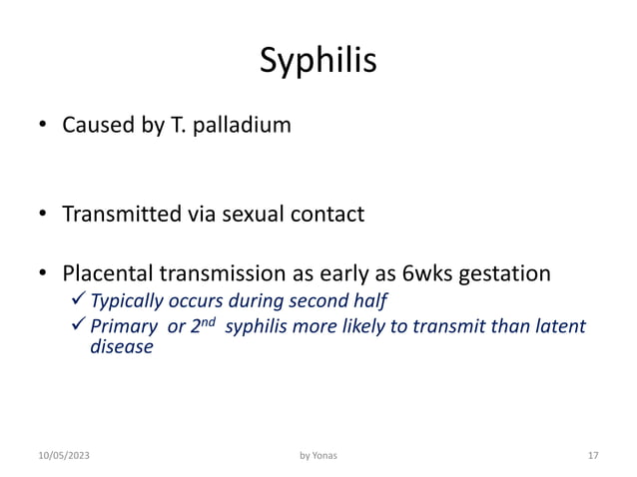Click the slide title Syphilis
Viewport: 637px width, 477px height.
tap(318, 61)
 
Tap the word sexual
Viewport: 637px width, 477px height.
tap(266, 214)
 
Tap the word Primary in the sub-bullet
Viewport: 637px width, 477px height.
tap(123, 328)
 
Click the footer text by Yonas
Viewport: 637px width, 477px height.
tap(318, 455)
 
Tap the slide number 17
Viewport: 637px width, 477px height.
tap(592, 455)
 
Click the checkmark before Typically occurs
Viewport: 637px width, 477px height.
tap(80, 300)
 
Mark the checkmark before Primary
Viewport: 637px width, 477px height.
tap(80, 327)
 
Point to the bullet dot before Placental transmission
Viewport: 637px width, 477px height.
tap(43, 274)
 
